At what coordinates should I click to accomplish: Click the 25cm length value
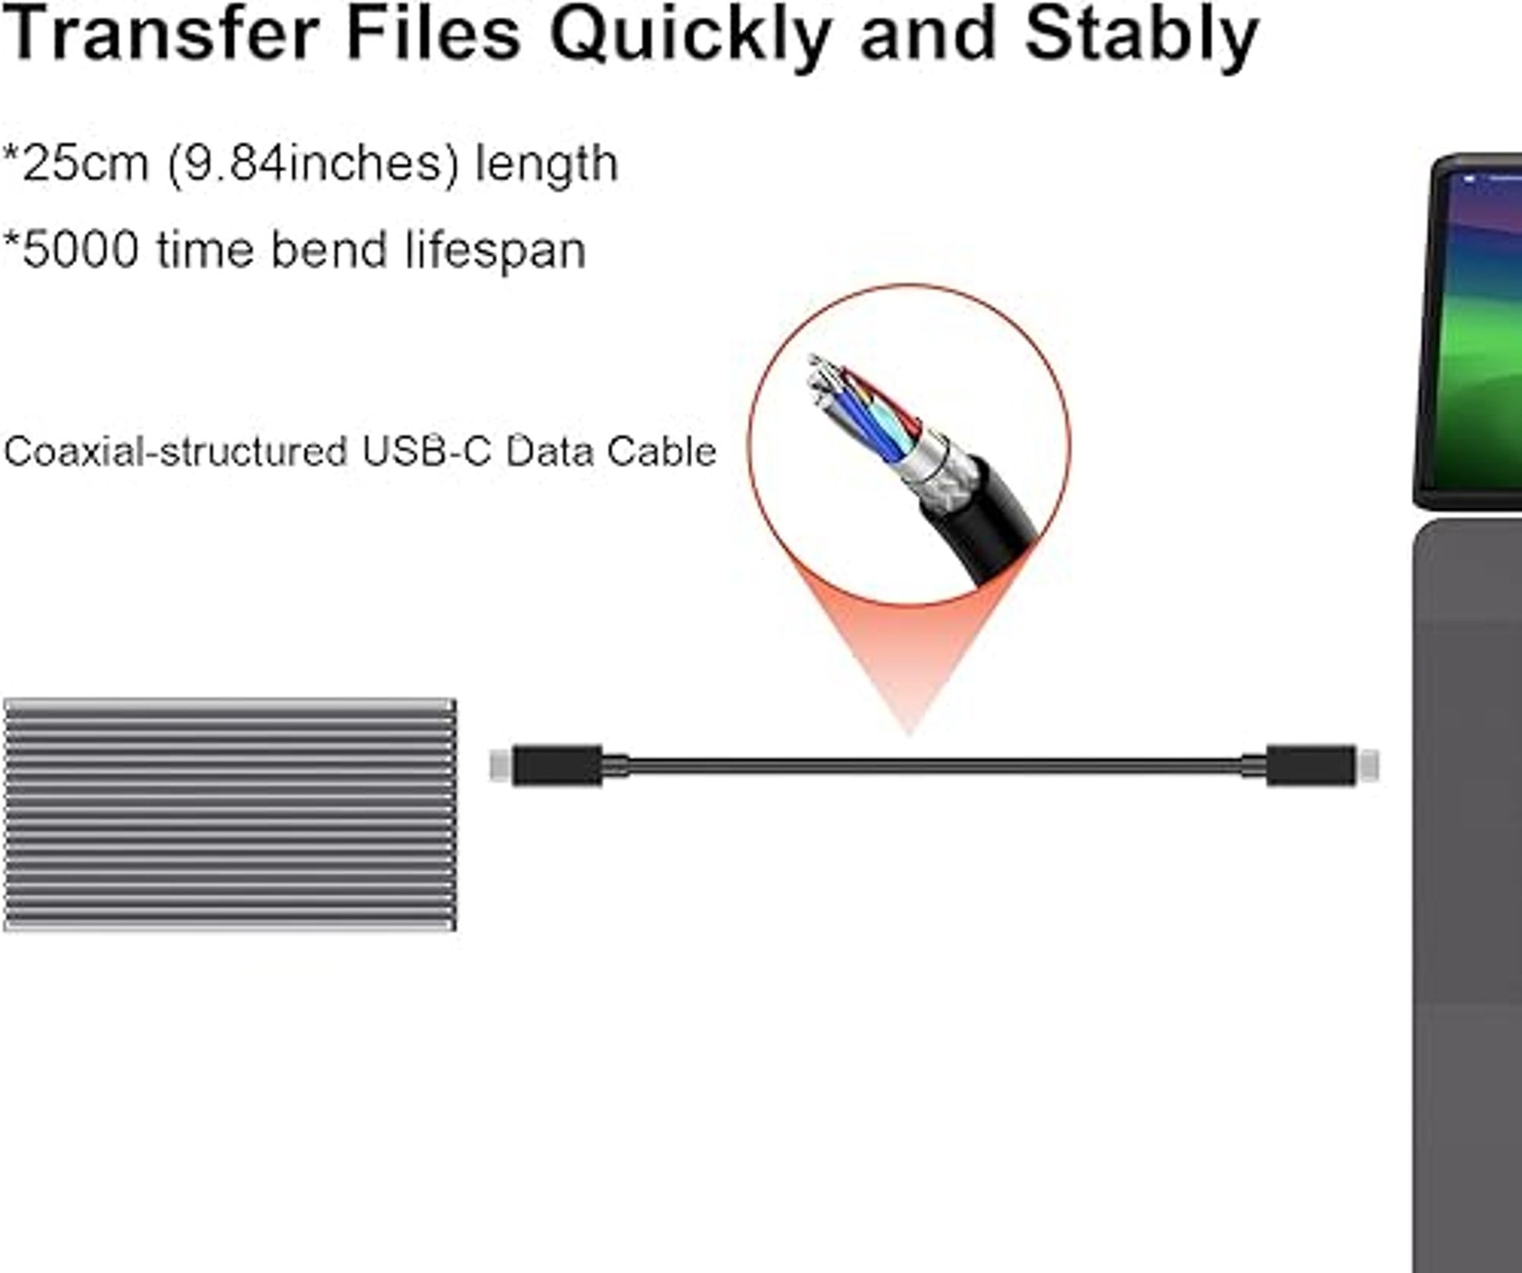(x=85, y=164)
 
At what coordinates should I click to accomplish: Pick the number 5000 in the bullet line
(x=81, y=250)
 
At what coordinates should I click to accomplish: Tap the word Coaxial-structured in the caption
(x=176, y=451)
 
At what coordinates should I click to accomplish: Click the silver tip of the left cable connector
(x=501, y=765)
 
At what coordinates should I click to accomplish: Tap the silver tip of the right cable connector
(x=1367, y=765)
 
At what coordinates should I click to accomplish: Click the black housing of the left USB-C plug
(x=557, y=765)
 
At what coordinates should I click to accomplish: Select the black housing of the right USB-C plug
(x=1311, y=765)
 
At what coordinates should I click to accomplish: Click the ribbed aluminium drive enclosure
(x=230, y=815)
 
